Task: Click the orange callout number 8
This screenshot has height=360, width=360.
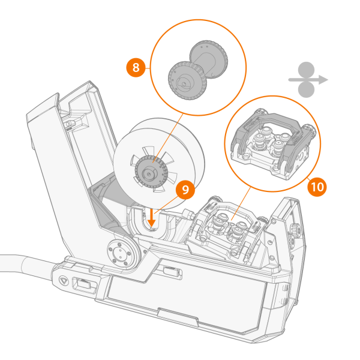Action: pos(136,67)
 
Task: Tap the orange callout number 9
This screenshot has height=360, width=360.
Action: pos(185,190)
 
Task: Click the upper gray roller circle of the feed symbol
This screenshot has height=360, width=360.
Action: pos(306,69)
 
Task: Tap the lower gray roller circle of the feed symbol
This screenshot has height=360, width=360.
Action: pos(306,89)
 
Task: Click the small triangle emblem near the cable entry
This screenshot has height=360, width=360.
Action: pos(64,280)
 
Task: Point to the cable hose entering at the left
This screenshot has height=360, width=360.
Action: pos(18,263)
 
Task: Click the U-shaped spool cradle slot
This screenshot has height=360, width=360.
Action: pos(150,221)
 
